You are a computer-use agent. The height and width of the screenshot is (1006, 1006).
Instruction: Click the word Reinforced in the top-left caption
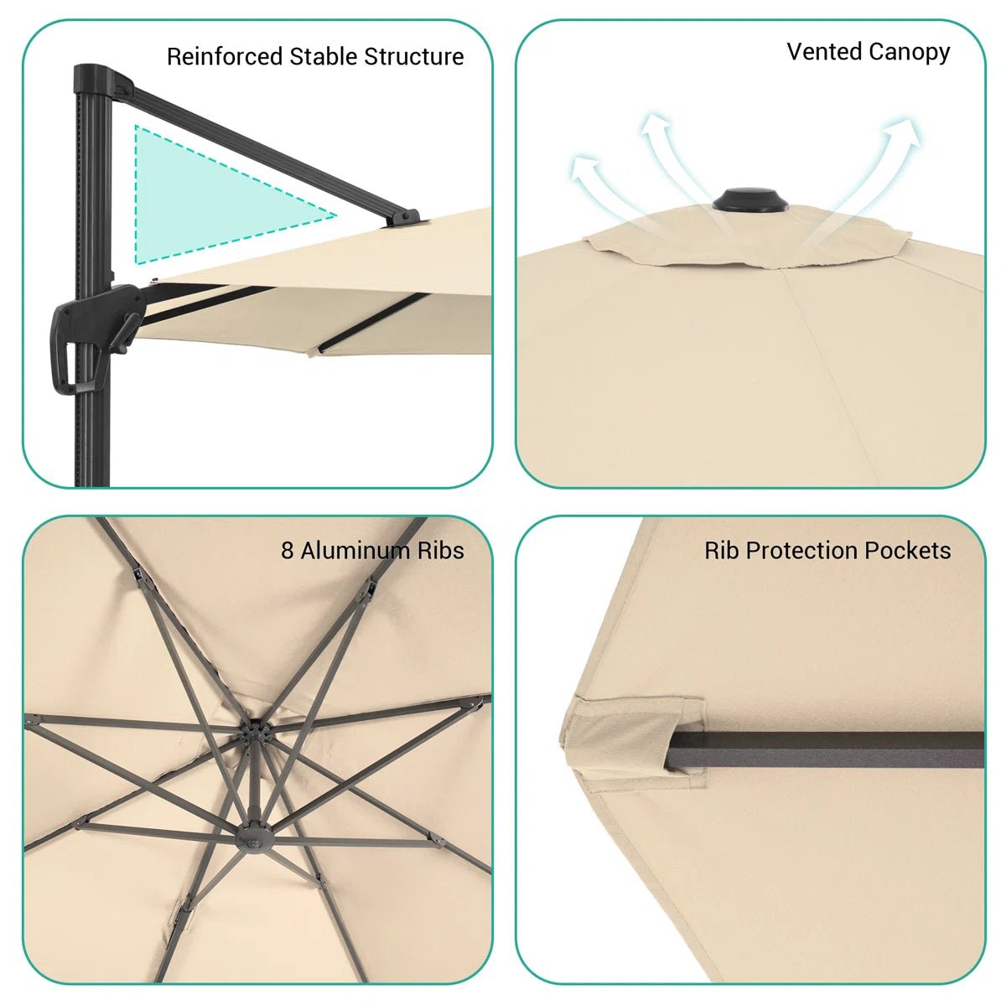225,56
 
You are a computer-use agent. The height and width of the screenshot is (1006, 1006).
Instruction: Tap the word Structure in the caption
414,56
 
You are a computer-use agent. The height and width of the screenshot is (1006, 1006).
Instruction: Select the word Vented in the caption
823,51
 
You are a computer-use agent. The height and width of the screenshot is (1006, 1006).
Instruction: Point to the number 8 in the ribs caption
288,551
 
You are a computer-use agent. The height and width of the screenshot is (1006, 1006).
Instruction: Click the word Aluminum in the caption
355,551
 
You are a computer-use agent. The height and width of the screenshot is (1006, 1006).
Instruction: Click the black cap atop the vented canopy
749,200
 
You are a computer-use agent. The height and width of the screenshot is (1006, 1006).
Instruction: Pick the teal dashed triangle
209,201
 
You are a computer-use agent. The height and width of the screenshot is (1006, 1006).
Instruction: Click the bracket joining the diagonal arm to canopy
403,218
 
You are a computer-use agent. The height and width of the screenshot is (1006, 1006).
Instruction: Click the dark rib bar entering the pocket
827,749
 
